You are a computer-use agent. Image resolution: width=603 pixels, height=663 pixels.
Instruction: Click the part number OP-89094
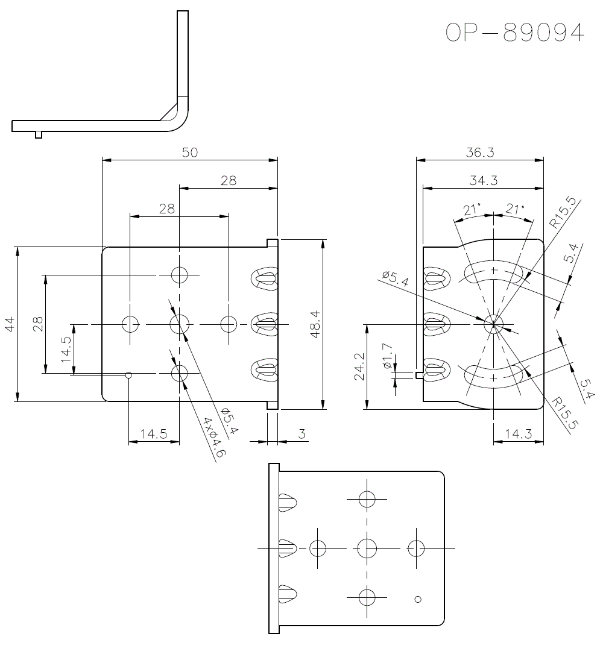click(515, 33)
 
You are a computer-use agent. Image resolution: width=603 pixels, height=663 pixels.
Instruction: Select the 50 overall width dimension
click(190, 152)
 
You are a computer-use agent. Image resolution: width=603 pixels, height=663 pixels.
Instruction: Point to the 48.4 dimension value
click(315, 324)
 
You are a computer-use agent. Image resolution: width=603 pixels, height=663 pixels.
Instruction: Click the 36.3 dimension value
click(480, 152)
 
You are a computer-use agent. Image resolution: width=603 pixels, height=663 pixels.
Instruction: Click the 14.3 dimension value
click(518, 434)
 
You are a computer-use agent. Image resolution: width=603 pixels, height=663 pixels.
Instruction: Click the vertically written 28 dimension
click(38, 324)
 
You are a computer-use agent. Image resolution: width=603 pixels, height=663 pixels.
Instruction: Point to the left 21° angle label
click(472, 209)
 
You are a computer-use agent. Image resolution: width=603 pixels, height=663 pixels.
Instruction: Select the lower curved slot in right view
click(494, 374)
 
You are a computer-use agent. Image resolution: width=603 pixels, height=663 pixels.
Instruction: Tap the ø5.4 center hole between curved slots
click(494, 324)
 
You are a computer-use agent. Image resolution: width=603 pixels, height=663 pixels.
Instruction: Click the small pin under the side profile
click(39, 134)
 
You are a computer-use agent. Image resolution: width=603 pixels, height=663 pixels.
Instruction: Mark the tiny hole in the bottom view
click(418, 599)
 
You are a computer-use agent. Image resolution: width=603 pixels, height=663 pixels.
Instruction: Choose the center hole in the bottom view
click(367, 548)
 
